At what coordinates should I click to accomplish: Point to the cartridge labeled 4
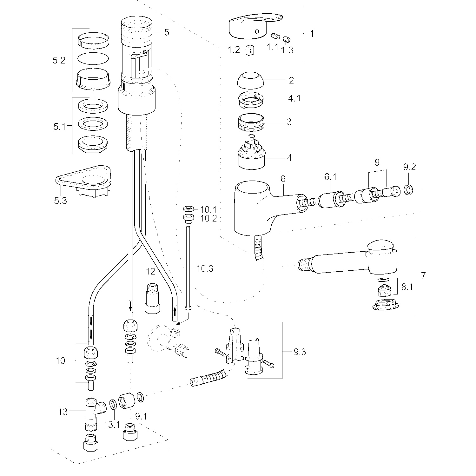tap(251, 152)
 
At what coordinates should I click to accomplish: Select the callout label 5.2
tap(59, 60)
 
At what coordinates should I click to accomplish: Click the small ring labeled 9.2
tap(409, 190)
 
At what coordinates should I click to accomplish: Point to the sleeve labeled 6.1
tap(331, 200)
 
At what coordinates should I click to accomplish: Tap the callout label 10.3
tap(205, 269)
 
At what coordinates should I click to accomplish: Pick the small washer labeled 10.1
tap(188, 209)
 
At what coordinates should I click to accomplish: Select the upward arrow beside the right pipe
tap(175, 309)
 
